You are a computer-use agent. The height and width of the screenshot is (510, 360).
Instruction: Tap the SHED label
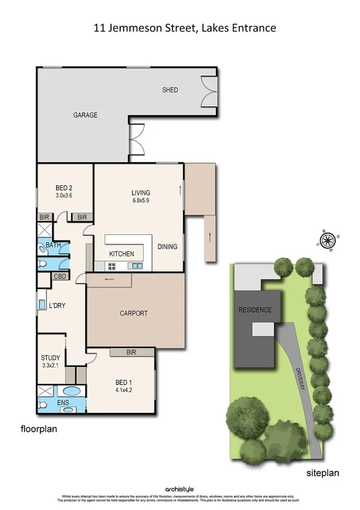[170, 90]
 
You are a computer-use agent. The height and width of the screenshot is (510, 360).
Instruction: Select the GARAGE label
[85, 115]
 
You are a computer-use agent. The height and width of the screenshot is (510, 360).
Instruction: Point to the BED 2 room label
[63, 187]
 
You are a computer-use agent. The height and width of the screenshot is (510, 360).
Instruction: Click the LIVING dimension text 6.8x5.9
[141, 201]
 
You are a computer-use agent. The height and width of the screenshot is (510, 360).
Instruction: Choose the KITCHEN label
[121, 254]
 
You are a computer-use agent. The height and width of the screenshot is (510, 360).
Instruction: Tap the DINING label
[168, 246]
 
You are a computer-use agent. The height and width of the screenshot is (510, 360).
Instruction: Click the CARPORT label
[133, 313]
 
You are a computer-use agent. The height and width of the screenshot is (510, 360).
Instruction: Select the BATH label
[53, 245]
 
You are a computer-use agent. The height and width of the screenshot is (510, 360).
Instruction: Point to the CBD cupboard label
[60, 277]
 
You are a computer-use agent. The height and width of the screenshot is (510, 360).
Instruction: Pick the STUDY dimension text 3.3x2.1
[50, 364]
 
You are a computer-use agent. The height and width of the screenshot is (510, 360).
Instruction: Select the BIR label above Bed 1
[133, 353]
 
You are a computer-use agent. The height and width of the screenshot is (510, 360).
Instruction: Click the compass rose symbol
[328, 241]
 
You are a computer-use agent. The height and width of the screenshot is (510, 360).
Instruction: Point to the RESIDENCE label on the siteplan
[255, 310]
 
